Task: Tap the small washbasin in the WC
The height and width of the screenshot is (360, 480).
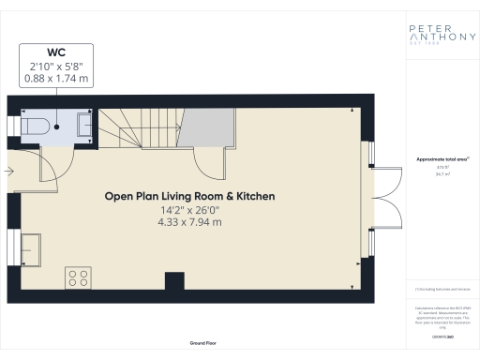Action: coord(82,124)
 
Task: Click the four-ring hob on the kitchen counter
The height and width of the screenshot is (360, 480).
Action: coord(77,277)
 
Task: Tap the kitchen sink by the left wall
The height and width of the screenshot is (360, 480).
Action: coord(31,248)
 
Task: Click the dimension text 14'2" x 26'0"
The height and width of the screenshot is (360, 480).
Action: coord(190,211)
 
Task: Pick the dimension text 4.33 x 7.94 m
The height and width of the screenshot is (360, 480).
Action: coord(190,223)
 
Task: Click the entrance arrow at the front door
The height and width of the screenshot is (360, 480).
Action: coord(8,171)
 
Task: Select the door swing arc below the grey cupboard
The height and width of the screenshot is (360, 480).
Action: coord(216,164)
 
